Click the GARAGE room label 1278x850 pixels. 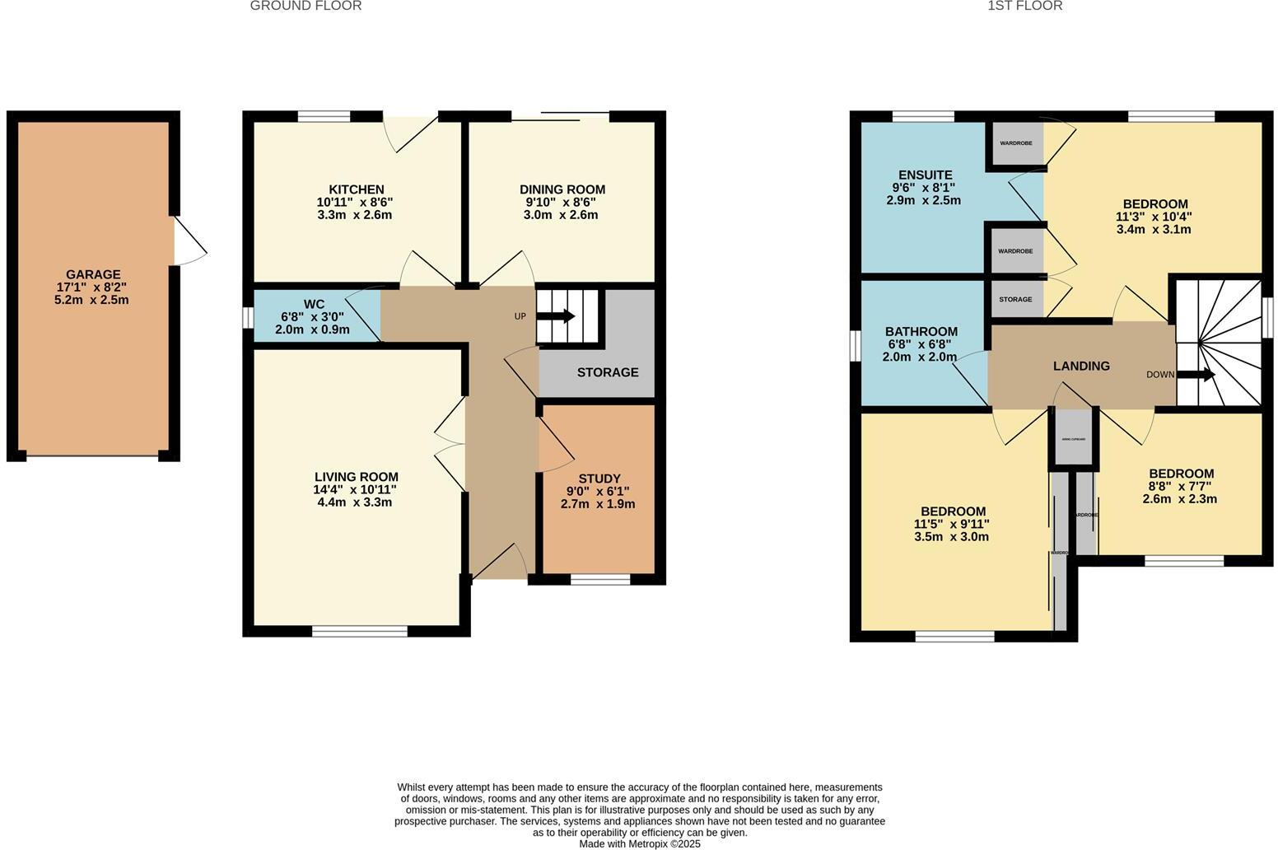coord(93,274)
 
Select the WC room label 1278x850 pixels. coord(314,305)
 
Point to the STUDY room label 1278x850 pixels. coord(599,479)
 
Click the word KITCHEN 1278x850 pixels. coord(356,189)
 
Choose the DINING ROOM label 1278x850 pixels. coord(562,189)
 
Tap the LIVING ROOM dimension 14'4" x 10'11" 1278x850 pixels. coord(355,489)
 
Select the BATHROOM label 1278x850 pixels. coord(921,332)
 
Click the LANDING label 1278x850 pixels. coord(1081,366)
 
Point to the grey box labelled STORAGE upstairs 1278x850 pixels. coord(1015,299)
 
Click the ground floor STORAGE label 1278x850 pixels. coord(607,372)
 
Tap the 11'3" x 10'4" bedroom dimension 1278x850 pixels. coord(1154,217)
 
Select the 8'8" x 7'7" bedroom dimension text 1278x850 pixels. coord(1180,486)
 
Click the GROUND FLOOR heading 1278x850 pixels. coord(306,6)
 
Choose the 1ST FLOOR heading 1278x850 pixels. coord(1024,6)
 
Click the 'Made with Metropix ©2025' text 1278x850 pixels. coord(639,843)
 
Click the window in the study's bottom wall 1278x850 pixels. coord(599,580)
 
